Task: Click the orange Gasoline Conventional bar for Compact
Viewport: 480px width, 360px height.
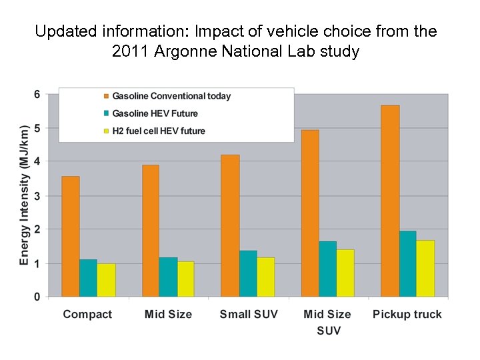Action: pos(71,237)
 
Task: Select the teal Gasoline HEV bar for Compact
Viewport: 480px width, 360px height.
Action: pos(88,278)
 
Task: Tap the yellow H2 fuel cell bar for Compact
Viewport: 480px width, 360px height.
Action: pos(106,280)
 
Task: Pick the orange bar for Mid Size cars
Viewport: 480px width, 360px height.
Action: pos(151,231)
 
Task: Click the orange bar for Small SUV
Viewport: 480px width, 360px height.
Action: pos(230,225)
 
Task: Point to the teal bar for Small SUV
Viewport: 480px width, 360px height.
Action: pos(248,273)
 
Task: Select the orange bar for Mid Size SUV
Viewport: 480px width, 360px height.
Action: pos(310,213)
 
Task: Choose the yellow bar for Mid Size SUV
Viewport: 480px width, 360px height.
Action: pos(345,273)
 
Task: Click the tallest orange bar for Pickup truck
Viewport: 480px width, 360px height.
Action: pos(390,201)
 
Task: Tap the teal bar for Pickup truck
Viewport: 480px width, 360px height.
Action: pos(408,264)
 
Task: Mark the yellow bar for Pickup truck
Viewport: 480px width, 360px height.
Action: pos(425,268)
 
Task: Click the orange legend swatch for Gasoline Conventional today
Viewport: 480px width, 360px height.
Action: pos(105,97)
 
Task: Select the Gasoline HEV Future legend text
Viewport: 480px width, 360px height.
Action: pos(155,114)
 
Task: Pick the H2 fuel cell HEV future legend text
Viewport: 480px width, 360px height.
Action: pos(159,131)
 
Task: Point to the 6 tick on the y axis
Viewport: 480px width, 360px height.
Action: pos(37,95)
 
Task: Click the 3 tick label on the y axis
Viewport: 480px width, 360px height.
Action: pos(37,196)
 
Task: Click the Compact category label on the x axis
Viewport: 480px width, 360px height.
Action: pos(87,315)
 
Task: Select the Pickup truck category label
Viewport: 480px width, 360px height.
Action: pos(407,315)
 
